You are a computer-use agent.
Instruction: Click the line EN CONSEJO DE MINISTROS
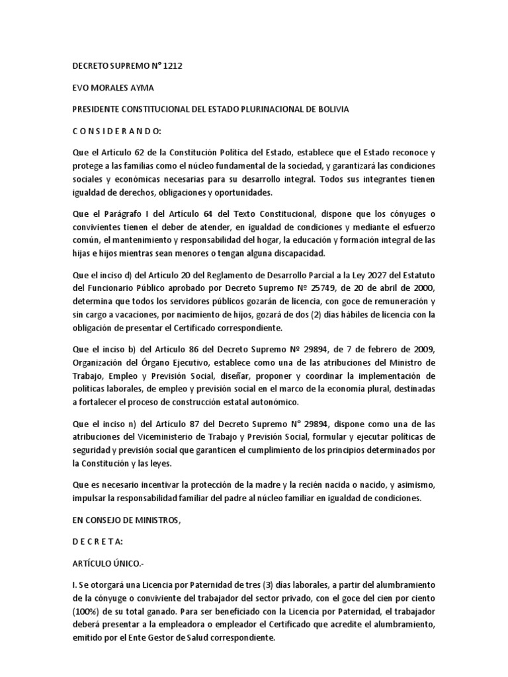tap(125, 520)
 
